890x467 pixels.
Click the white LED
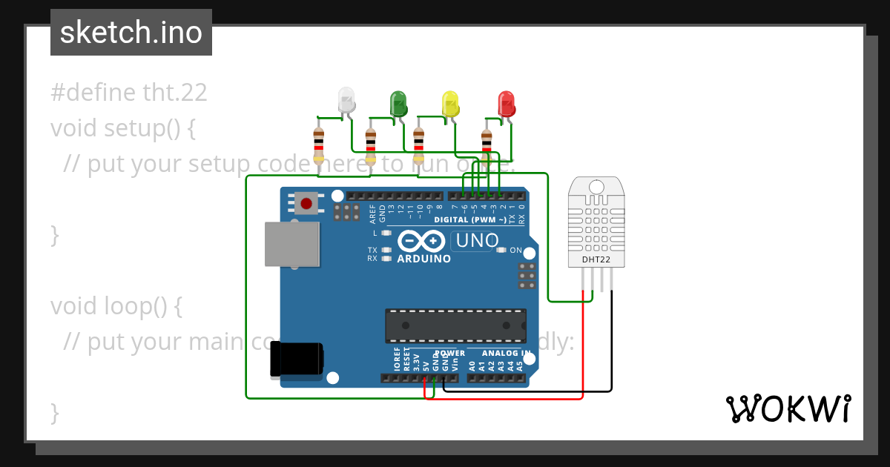click(346, 100)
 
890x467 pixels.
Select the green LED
click(398, 102)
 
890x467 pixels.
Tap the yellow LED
click(450, 102)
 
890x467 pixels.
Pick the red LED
click(507, 102)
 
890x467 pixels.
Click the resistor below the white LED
click(319, 145)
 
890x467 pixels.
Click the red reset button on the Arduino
click(305, 202)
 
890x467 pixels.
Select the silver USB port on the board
click(292, 244)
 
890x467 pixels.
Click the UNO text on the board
click(477, 241)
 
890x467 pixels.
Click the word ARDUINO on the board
click(424, 259)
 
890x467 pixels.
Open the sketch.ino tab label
click(131, 33)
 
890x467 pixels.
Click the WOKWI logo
click(788, 408)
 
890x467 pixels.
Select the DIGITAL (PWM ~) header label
click(471, 220)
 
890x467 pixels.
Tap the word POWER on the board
click(450, 354)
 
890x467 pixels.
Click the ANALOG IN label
click(507, 354)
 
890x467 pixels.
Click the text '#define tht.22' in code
click(129, 93)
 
